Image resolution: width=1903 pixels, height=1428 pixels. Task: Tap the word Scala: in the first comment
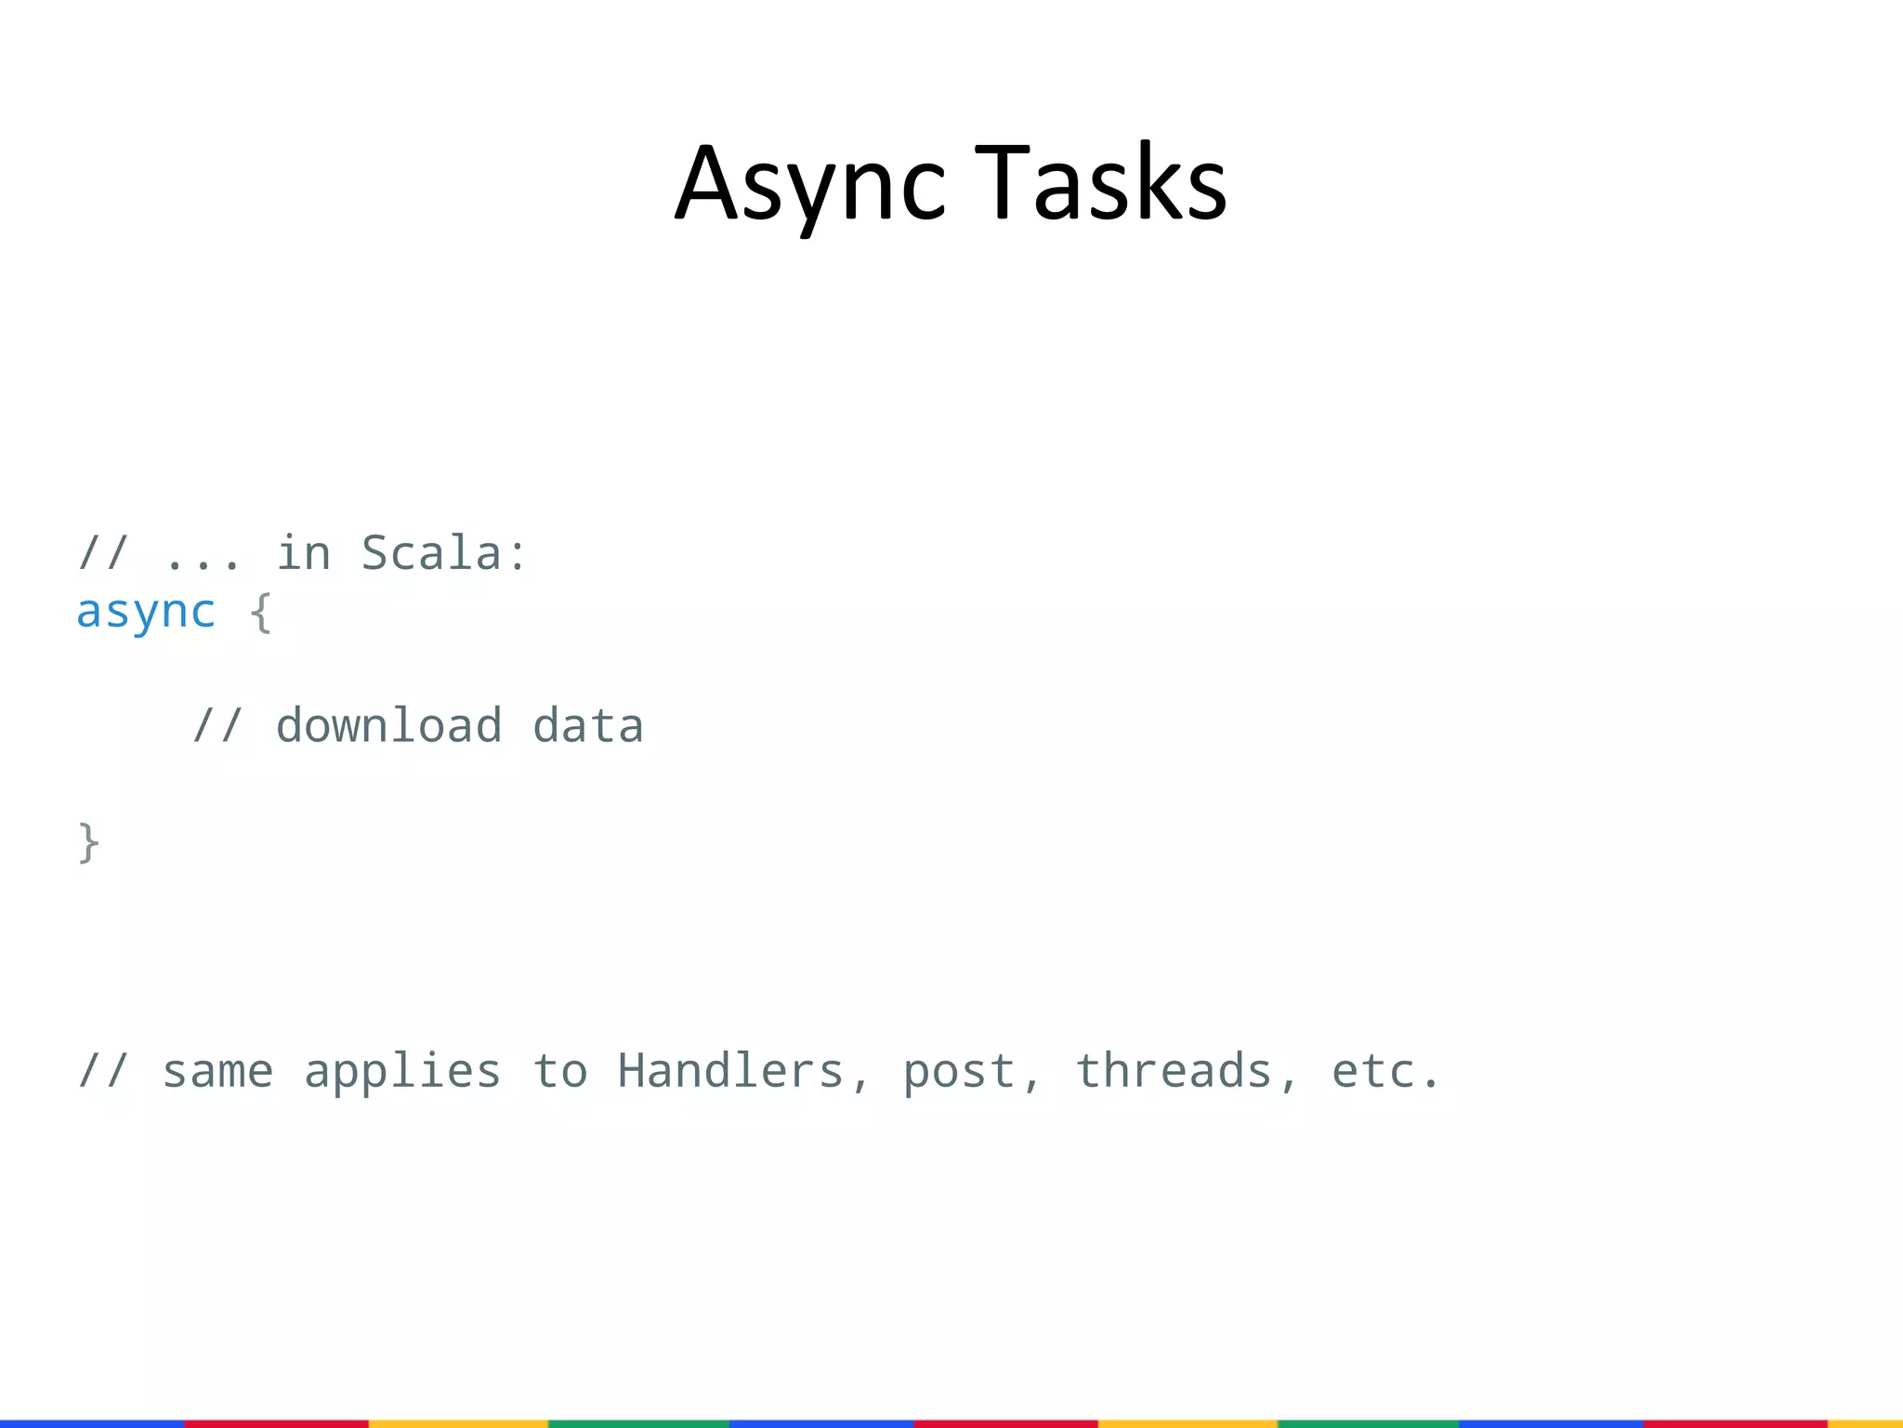pos(444,554)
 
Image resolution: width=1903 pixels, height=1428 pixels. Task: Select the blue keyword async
pos(146,613)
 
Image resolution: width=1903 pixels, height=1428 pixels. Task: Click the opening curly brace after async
pos(261,614)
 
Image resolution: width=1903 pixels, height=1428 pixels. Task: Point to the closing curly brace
pos(89,843)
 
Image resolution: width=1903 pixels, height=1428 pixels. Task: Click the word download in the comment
pos(388,726)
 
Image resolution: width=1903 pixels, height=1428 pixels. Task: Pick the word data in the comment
pos(587,726)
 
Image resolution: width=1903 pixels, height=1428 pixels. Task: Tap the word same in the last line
pos(217,1072)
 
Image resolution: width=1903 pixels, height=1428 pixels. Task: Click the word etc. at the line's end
pos(1385,1072)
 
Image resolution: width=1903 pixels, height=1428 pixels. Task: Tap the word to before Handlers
pos(559,1072)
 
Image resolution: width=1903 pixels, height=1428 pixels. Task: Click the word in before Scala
pos(303,554)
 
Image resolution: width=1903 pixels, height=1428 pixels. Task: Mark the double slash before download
pos(217,726)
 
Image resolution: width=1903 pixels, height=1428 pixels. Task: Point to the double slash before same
pos(103,1072)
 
